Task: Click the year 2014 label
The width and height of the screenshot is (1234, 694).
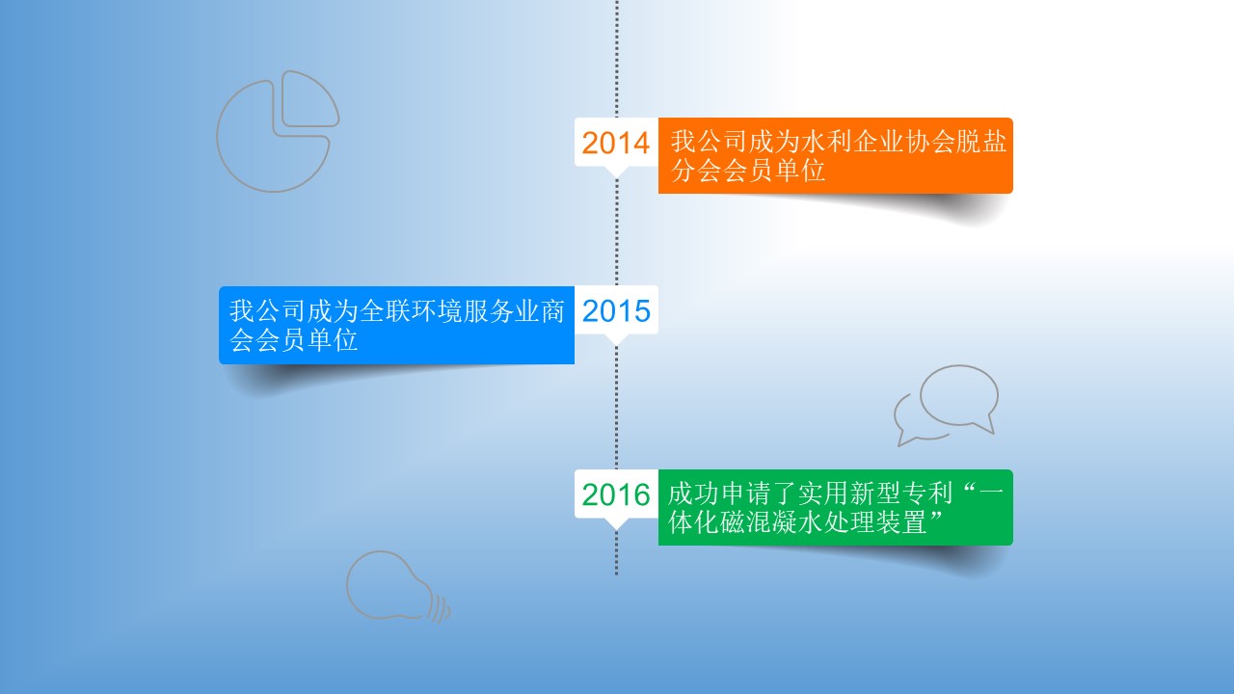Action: coord(616,143)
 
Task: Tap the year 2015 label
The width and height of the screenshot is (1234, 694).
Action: coord(616,310)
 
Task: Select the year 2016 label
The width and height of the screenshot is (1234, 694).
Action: coord(616,494)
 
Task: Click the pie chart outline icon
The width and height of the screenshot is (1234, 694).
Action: coord(278,131)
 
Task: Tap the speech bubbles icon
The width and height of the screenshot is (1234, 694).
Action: coord(947,405)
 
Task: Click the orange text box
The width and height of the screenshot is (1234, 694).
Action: coord(835,155)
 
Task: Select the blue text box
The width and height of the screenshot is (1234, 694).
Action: coord(396,325)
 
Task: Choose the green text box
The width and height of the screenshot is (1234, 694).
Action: coord(835,507)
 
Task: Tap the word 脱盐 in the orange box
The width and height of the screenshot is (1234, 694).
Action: coord(981,141)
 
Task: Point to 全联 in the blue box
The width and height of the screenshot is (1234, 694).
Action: coord(386,310)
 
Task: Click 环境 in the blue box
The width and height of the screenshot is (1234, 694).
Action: coord(438,310)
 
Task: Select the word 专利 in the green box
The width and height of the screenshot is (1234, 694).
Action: coord(927,493)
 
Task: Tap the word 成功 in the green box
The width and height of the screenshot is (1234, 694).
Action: coord(692,493)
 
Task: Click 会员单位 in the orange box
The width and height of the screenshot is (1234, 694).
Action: coord(774,171)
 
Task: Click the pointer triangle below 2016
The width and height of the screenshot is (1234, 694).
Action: coord(616,523)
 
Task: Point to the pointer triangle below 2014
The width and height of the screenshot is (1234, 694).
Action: coord(616,172)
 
